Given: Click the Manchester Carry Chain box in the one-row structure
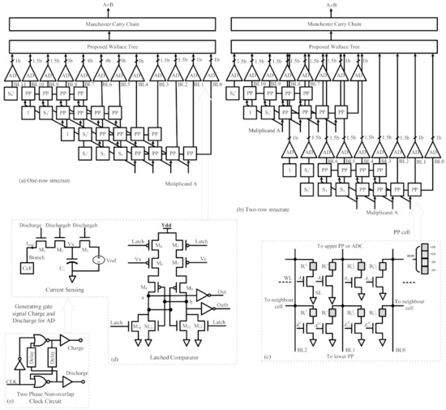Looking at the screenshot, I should (x=112, y=24).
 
